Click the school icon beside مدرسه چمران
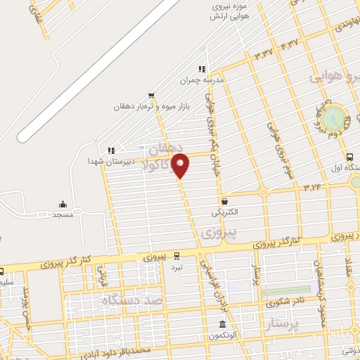click(202, 70)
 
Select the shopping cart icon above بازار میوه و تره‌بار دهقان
click(151, 96)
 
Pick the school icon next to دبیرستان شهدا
click(110, 150)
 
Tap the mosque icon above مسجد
click(62, 204)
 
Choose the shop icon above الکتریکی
click(224, 200)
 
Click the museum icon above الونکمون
click(222, 325)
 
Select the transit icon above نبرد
click(176, 256)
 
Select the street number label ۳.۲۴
click(312, 188)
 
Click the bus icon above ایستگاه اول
click(349, 156)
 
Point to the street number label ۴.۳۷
click(289, 45)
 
